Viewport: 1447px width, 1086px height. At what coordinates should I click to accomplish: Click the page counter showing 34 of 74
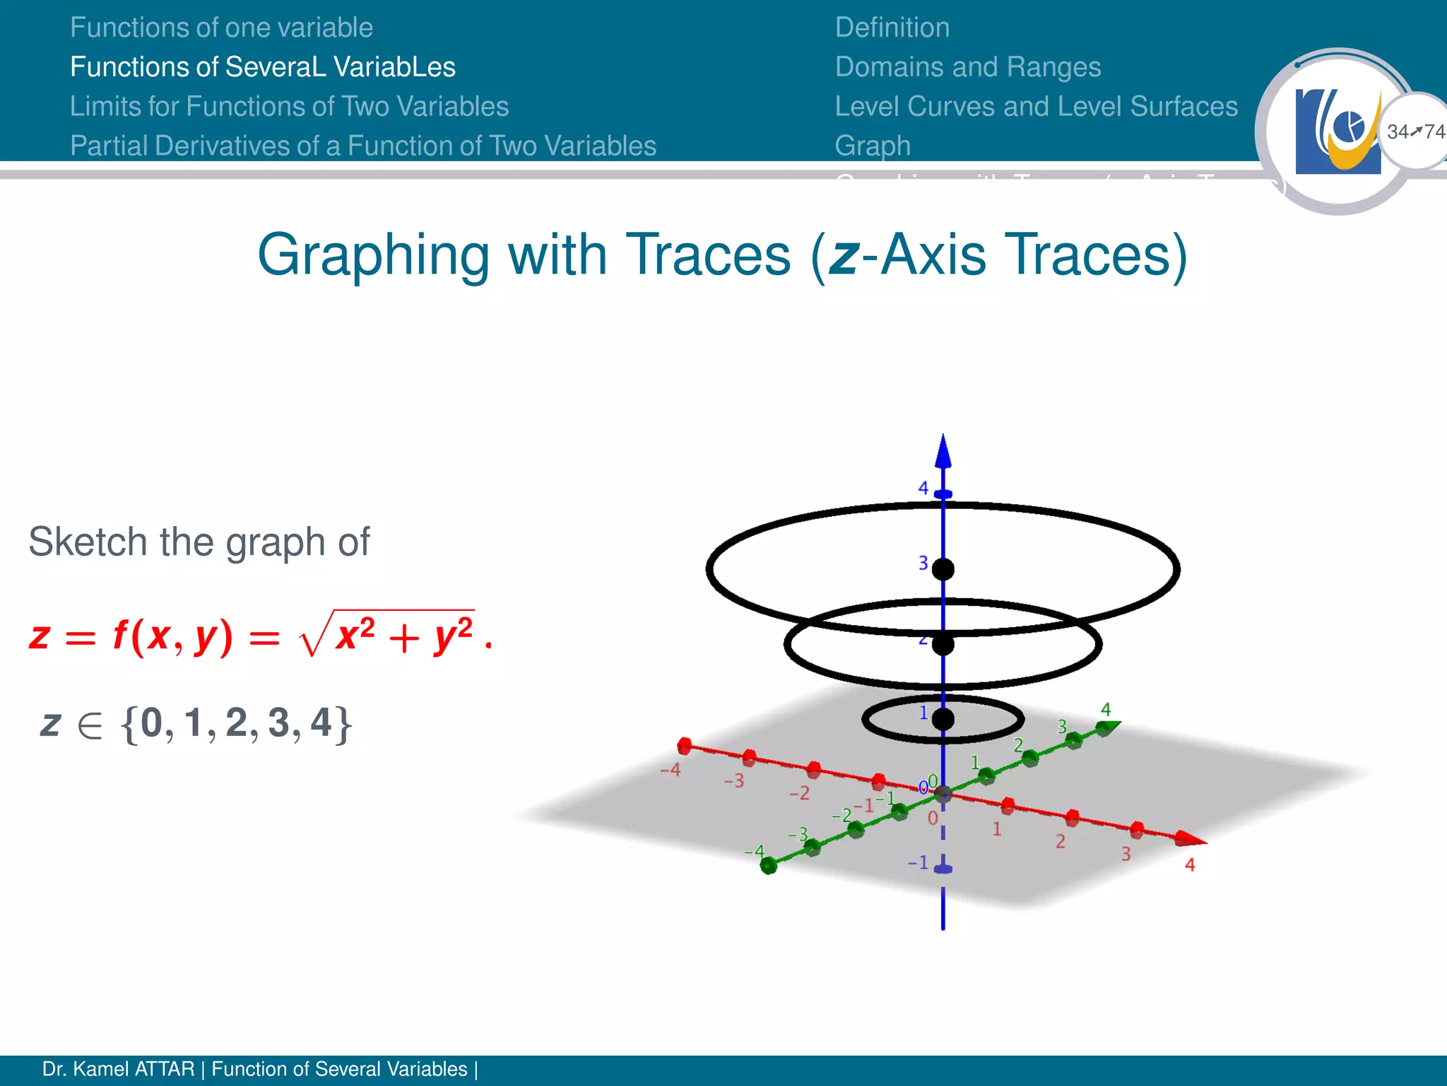tap(1415, 132)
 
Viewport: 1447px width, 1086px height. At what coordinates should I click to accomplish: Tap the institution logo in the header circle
tap(1337, 132)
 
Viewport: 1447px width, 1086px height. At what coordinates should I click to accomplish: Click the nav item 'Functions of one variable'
tap(221, 28)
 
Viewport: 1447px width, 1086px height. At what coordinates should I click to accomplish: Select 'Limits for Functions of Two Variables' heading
tap(289, 107)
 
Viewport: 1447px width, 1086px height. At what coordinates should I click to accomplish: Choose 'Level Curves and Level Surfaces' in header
tap(1036, 107)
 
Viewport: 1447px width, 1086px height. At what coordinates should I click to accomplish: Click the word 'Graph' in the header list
tap(873, 146)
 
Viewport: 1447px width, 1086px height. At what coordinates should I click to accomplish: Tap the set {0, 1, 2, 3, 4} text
tap(237, 723)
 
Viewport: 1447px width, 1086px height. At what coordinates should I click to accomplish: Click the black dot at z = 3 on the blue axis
tap(943, 569)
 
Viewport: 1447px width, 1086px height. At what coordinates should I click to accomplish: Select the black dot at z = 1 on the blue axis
tap(943, 720)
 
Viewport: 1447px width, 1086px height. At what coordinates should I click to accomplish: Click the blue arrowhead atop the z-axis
tap(943, 452)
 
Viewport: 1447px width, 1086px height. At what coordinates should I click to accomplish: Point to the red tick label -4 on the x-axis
tap(670, 769)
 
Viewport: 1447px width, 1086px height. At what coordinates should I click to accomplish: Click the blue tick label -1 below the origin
tap(918, 863)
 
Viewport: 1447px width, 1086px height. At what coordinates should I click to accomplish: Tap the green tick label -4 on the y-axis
tap(754, 851)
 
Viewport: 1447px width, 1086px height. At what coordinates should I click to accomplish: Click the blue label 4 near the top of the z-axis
tap(923, 488)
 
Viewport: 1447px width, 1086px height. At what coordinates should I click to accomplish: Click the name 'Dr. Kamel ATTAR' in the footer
tap(118, 1069)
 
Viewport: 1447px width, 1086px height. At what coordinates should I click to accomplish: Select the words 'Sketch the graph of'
tap(199, 542)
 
